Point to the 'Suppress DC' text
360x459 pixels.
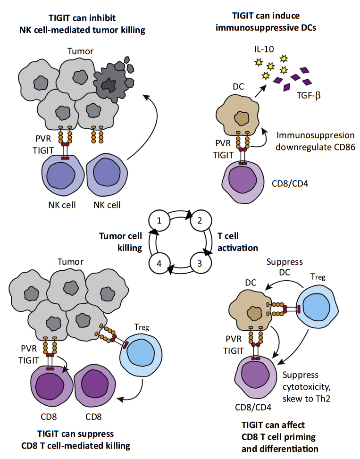pyautogui.click(x=284, y=267)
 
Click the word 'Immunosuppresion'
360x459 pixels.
pyautogui.click(x=315, y=135)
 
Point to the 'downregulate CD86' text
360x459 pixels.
pyautogui.click(x=315, y=147)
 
